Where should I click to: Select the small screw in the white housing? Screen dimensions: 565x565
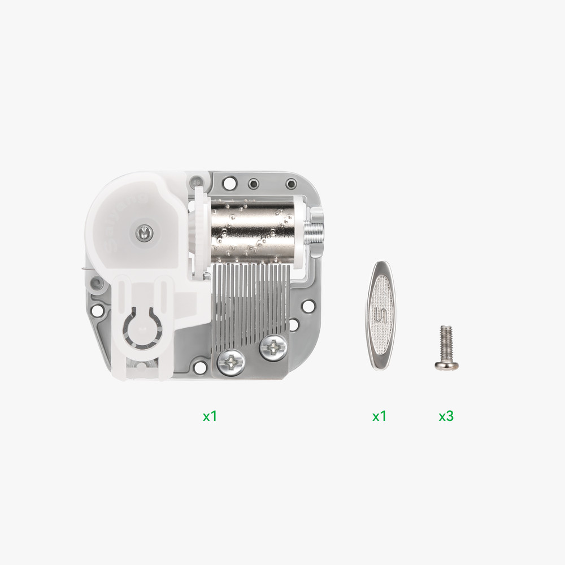click(145, 231)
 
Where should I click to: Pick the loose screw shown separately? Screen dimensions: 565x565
click(446, 349)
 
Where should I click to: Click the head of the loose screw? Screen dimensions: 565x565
click(446, 365)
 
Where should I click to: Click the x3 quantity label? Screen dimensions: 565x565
click(446, 416)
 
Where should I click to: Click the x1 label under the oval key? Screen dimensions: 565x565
click(379, 416)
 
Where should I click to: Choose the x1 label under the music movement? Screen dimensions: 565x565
click(210, 416)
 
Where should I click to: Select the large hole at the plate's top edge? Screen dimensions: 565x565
click(230, 184)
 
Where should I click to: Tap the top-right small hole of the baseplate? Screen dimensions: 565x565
click(291, 184)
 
